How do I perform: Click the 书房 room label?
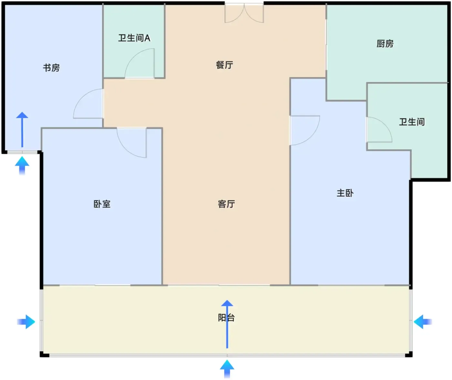51,68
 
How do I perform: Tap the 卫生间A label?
134,38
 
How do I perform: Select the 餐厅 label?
224,65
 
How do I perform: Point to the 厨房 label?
385,44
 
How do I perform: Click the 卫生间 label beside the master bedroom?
412,122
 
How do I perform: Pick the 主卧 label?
345,193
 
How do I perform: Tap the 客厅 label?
226,204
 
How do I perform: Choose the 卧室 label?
102,204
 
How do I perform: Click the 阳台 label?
226,318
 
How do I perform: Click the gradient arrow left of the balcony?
26,322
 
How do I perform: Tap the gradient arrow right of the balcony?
423,322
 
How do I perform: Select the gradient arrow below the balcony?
227,369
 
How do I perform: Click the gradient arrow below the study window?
22,166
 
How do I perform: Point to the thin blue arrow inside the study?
22,130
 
